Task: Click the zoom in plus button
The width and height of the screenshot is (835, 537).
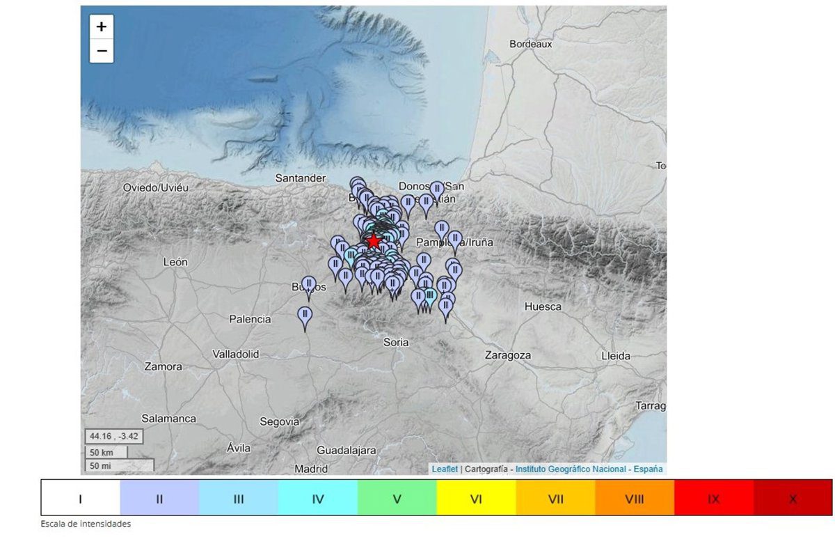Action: point(102,27)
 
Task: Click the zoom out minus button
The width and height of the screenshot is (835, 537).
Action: point(102,51)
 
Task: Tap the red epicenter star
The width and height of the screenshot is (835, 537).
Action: point(374,241)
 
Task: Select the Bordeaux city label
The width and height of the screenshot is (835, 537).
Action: point(530,44)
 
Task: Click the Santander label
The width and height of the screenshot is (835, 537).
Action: point(301,178)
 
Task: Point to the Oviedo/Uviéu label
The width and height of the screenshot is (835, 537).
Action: point(156,188)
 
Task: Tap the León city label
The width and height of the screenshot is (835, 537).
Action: point(175,263)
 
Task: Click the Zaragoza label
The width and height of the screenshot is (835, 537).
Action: point(508,355)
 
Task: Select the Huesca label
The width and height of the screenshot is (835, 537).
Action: point(543,306)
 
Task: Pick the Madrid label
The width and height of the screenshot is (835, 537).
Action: point(311,469)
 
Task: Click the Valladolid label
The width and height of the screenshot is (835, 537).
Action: point(235,355)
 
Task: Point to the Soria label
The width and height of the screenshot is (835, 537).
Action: point(396,342)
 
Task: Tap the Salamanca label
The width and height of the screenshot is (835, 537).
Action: point(168,419)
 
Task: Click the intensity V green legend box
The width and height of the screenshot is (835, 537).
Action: point(397,499)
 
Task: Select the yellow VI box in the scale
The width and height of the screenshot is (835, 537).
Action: point(476,499)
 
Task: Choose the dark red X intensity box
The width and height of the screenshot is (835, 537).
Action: point(793,499)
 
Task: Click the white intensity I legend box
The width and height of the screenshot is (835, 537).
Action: point(81,499)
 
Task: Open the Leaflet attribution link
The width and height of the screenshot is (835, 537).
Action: point(445,469)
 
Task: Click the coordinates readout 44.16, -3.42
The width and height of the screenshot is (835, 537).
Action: point(114,437)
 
